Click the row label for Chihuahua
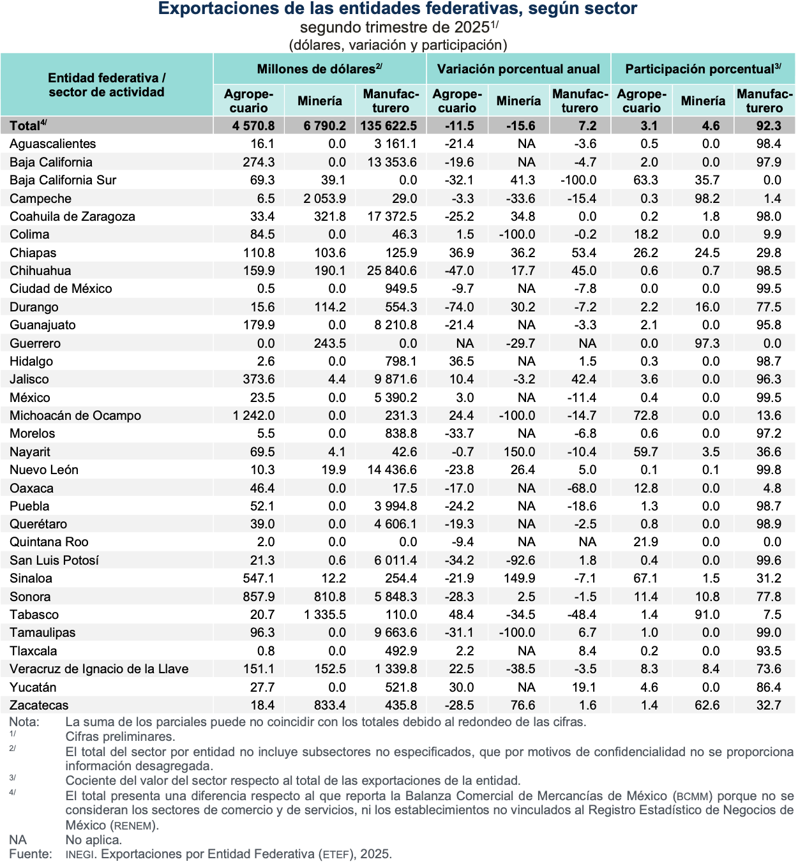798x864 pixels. click(x=40, y=271)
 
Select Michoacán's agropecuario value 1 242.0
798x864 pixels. click(x=253, y=415)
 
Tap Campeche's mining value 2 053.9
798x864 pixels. click(x=324, y=198)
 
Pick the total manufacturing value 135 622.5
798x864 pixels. click(x=388, y=126)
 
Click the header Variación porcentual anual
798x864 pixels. click(x=518, y=69)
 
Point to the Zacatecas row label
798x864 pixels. click(x=39, y=705)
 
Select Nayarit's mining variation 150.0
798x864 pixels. click(x=519, y=452)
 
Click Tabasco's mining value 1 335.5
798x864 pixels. click(x=324, y=614)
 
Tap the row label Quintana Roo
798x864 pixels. click(x=49, y=542)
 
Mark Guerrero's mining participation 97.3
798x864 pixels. click(x=707, y=343)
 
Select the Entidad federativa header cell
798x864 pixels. click(x=107, y=85)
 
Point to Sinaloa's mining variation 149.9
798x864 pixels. click(x=519, y=578)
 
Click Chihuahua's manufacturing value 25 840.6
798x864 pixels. click(x=391, y=271)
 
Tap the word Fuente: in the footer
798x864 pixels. click(x=30, y=854)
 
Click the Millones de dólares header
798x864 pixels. click(x=319, y=69)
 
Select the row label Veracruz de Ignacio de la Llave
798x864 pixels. click(x=99, y=669)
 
